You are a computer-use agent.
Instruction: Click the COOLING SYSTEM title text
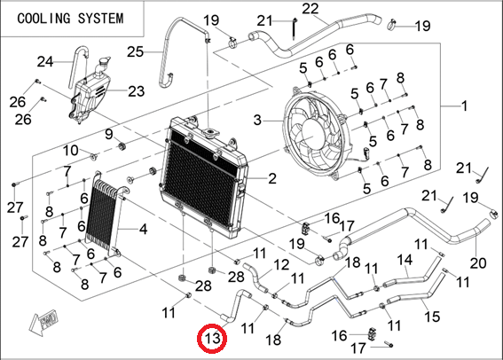coord(70,19)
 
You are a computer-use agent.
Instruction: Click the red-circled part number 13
coord(212,338)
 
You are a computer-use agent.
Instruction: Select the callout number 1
coord(464,106)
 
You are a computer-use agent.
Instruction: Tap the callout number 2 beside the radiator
coord(272,178)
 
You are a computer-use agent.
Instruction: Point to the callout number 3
coord(257,121)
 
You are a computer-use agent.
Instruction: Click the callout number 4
coord(143,229)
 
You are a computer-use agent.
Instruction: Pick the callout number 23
coord(137,91)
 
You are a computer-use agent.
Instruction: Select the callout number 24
coord(45,61)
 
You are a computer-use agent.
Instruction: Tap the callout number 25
coord(135,51)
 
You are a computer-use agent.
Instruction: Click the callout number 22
coord(310,9)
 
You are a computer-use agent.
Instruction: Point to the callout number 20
coord(478,263)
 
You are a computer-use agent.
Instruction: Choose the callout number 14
coord(405,260)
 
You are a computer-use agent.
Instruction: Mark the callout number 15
coord(432,317)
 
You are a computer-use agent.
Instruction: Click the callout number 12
coord(281,265)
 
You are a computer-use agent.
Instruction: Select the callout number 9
coord(109,134)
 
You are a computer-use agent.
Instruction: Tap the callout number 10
coord(70,150)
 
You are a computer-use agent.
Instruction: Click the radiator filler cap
coord(211,131)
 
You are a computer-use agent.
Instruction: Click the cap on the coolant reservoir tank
coord(105,61)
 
